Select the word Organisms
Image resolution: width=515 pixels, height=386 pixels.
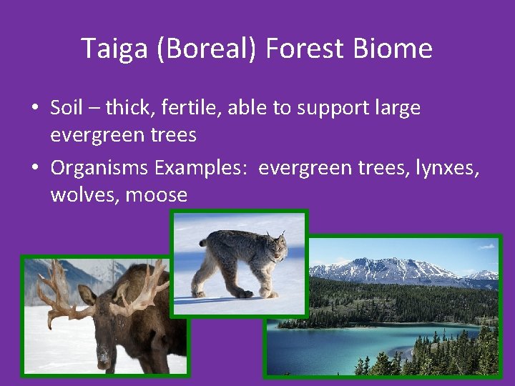[99, 168]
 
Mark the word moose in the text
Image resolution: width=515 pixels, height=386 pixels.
[157, 194]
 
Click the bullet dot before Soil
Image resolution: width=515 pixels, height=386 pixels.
[34, 109]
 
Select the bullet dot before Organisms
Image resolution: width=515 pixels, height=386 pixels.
[34, 169]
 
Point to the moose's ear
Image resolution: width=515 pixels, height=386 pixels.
[87, 295]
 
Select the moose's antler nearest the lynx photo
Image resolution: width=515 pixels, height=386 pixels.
[147, 289]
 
